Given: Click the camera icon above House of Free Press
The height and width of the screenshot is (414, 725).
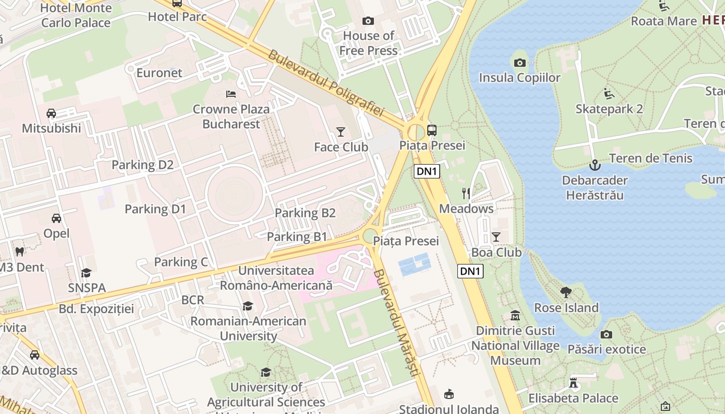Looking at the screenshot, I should (x=368, y=21).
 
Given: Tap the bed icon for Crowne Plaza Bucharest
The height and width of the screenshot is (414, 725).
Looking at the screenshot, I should (x=231, y=94).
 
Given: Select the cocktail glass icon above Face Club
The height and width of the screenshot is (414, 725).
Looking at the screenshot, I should (x=340, y=132).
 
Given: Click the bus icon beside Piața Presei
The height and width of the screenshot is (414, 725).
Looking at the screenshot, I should (x=431, y=130).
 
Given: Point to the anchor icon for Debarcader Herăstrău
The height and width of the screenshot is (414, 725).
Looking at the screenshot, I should (x=594, y=166).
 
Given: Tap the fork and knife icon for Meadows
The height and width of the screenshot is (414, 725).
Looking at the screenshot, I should (x=466, y=194).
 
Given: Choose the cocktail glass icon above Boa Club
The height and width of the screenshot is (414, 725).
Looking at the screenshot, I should (x=496, y=237).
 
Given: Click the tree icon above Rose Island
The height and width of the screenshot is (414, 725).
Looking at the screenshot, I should (x=566, y=292).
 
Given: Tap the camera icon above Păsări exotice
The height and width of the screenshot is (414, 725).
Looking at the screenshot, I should (x=606, y=334).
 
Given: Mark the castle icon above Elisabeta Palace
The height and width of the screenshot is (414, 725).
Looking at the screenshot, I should (x=573, y=383).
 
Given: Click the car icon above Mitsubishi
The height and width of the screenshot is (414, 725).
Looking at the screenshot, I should (x=51, y=113).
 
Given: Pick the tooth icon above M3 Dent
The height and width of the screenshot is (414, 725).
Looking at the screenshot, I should (x=20, y=252).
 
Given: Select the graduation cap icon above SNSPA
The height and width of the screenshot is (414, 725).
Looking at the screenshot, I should (x=86, y=273).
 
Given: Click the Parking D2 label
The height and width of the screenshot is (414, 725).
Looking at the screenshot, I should (x=142, y=165).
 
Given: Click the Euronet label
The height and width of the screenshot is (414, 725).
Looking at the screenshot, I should (x=159, y=73).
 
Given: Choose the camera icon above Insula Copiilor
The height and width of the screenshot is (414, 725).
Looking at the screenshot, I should (x=519, y=63).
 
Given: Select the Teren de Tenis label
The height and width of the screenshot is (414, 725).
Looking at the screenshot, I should (x=650, y=158).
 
